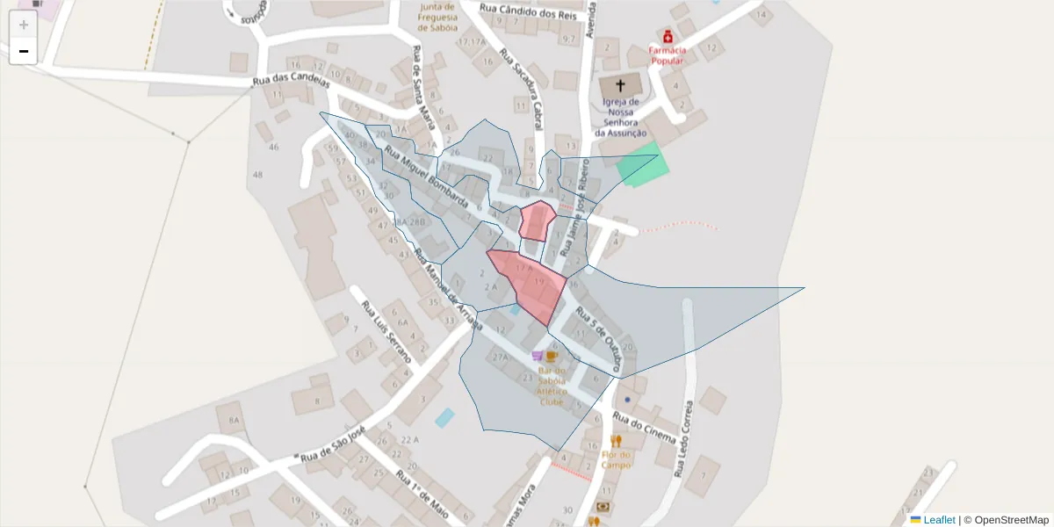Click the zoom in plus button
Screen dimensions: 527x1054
[x=24, y=25]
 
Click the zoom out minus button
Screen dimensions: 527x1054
[x=24, y=51]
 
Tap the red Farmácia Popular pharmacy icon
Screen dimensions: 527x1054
[x=668, y=36]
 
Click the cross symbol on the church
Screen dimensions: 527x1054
[x=621, y=86]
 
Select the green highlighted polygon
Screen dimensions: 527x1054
[x=643, y=165]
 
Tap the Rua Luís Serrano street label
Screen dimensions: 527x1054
[x=386, y=332]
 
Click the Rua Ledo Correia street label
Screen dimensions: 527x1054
[x=683, y=439]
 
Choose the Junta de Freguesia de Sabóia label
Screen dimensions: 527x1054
[x=437, y=17]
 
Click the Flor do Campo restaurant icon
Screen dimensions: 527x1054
[x=616, y=441]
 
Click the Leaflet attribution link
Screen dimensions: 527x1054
[x=939, y=519]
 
